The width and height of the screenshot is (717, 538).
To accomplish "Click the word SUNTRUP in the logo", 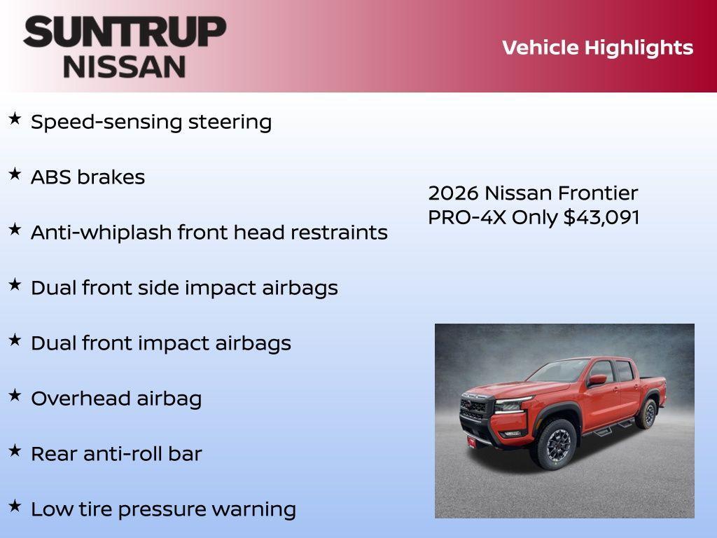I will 125,32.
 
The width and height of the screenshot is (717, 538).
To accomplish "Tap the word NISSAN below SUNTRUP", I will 125,66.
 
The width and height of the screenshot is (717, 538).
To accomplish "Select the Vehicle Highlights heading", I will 597,48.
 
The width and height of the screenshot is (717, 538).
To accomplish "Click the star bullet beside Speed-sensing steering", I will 15,119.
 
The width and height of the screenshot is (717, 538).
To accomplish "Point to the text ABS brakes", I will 88,177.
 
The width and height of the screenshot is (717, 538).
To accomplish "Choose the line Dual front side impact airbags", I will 184,288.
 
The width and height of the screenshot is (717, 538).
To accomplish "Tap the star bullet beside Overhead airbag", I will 15,396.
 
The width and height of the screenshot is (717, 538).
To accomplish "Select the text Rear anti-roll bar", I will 116,454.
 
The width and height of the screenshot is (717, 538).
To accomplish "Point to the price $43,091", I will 601,217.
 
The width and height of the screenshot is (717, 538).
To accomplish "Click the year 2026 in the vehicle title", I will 453,193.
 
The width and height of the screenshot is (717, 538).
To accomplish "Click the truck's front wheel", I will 556,444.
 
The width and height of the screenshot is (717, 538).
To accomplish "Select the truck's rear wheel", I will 646,413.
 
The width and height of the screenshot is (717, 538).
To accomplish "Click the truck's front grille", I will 475,408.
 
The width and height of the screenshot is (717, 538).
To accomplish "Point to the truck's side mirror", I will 597,380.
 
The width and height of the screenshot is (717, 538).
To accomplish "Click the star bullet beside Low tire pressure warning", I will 15,506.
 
